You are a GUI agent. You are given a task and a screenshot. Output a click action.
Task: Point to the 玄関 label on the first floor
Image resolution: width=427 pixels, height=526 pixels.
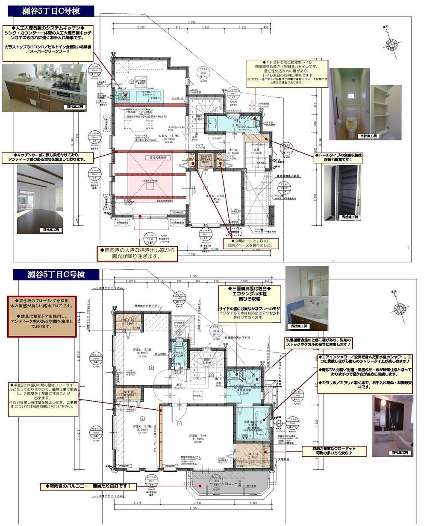[x=257, y=149]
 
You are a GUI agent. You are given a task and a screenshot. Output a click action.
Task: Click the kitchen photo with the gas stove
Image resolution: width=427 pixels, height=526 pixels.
[x=44, y=88]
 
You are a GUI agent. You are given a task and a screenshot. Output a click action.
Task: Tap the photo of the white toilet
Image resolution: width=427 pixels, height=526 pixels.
[x=349, y=104]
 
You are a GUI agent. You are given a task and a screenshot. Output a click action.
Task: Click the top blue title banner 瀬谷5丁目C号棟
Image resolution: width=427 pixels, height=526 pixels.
[x=51, y=10]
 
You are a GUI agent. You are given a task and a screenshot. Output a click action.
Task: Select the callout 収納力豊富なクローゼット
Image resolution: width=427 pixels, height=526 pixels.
[x=334, y=451]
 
